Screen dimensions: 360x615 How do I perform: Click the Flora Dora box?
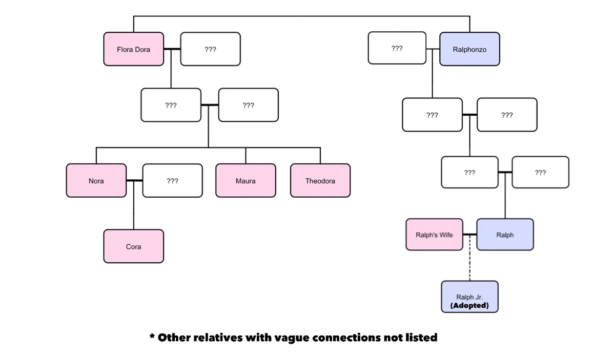pos(134,49)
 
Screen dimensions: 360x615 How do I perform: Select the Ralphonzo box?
pos(469,49)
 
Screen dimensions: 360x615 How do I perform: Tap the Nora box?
pos(96,181)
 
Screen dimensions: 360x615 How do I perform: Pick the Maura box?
pos(245,181)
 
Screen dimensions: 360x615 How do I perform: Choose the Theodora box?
pos(320,181)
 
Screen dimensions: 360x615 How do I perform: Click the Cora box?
pos(134,246)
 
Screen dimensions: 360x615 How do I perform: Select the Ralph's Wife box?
pos(434,235)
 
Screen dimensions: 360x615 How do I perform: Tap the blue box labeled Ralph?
pos(505,235)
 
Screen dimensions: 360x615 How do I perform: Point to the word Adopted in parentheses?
pos(469,306)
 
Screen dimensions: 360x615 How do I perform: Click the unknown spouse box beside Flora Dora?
pos(210,49)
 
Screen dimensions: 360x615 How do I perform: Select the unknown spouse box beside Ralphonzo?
pos(397,48)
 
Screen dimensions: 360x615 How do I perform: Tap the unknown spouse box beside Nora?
pos(173,181)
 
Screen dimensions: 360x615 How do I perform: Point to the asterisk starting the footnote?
pos(152,337)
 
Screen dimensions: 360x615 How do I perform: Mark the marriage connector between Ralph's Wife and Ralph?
pos(470,235)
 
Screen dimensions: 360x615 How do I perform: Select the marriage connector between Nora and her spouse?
pos(134,181)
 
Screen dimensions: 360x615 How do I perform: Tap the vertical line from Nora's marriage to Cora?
pos(134,213)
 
